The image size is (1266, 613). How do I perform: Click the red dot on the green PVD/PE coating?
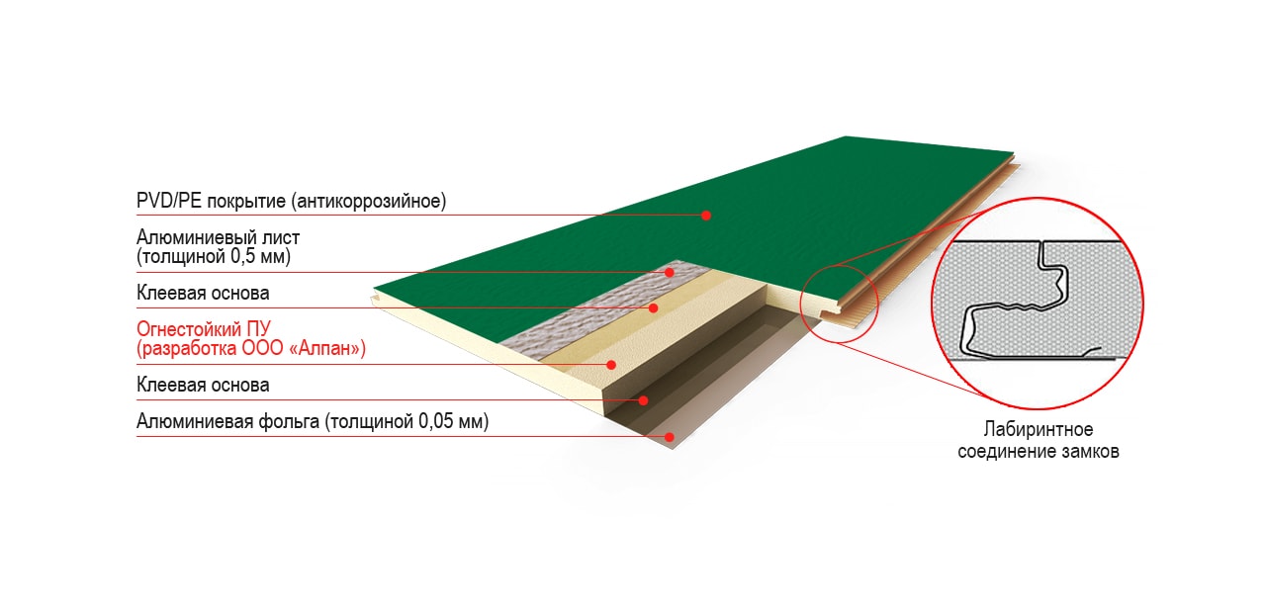(706, 216)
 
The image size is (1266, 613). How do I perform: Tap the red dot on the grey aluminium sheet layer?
(670, 272)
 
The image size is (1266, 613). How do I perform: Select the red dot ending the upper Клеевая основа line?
(654, 307)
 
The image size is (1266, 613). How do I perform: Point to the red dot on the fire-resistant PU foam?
(611, 365)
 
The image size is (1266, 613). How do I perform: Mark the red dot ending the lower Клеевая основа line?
(643, 400)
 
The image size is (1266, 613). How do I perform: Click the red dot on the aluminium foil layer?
(670, 437)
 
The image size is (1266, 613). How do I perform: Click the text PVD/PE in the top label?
(169, 201)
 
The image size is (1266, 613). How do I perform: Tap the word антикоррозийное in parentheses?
(369, 201)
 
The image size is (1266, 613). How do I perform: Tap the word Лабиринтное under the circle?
(1039, 430)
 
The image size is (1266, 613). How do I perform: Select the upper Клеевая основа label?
(203, 293)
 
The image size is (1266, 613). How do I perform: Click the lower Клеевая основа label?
(203, 385)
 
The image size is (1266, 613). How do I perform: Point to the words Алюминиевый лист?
(219, 237)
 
